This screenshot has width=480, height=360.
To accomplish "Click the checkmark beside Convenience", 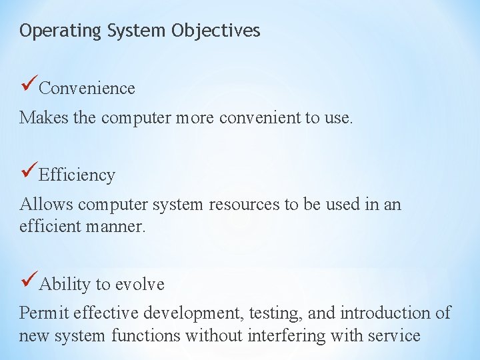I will (29, 85).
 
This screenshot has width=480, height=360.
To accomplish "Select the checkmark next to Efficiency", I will (29, 172).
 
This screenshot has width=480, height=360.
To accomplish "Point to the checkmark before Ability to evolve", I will (29, 281).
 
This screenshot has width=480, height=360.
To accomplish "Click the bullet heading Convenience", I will (87, 88).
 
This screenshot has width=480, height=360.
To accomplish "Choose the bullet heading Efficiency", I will (77, 175).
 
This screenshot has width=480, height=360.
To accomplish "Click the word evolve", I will (140, 285).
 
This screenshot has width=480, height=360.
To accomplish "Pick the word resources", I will (244, 204).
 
